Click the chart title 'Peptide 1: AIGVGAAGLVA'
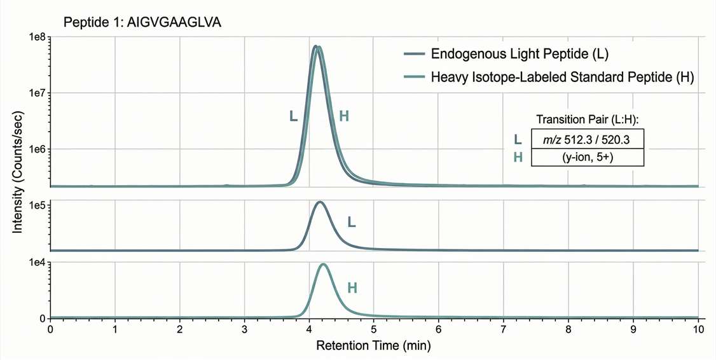[142, 23]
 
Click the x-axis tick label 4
[309, 330]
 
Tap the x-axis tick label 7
[504, 330]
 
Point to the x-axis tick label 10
[698, 330]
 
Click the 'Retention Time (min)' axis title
[374, 346]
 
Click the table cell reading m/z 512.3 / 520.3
[587, 139]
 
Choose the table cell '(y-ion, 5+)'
[587, 156]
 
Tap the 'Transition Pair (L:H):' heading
[587, 120]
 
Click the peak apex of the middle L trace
[320, 202]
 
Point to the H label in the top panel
[344, 116]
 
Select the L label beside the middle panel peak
[351, 222]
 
